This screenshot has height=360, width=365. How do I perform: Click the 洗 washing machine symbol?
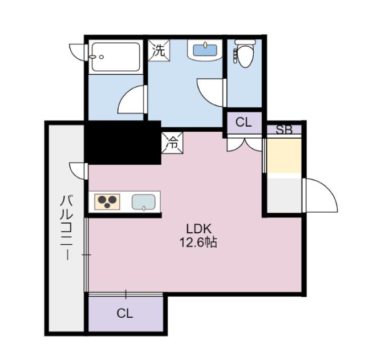coord(159,50)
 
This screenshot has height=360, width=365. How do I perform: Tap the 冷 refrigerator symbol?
coord(172,143)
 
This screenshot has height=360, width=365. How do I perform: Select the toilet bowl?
coord(245,54)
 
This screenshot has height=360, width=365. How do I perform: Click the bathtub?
coord(116,57)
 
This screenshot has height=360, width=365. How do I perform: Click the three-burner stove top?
coord(107,201)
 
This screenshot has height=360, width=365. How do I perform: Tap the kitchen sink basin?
coord(144,202)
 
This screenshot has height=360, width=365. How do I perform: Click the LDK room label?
coord(199,229)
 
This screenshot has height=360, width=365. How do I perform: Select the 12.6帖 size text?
coord(198,242)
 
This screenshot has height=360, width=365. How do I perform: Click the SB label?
coord(284,130)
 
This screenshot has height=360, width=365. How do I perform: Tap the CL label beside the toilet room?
coord(244,122)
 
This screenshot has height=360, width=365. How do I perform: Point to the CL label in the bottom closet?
coord(125,313)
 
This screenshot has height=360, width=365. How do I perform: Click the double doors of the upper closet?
coord(245,145)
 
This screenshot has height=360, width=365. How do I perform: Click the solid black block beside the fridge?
coord(123,143)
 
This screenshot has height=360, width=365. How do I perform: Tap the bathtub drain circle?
coord(102,57)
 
